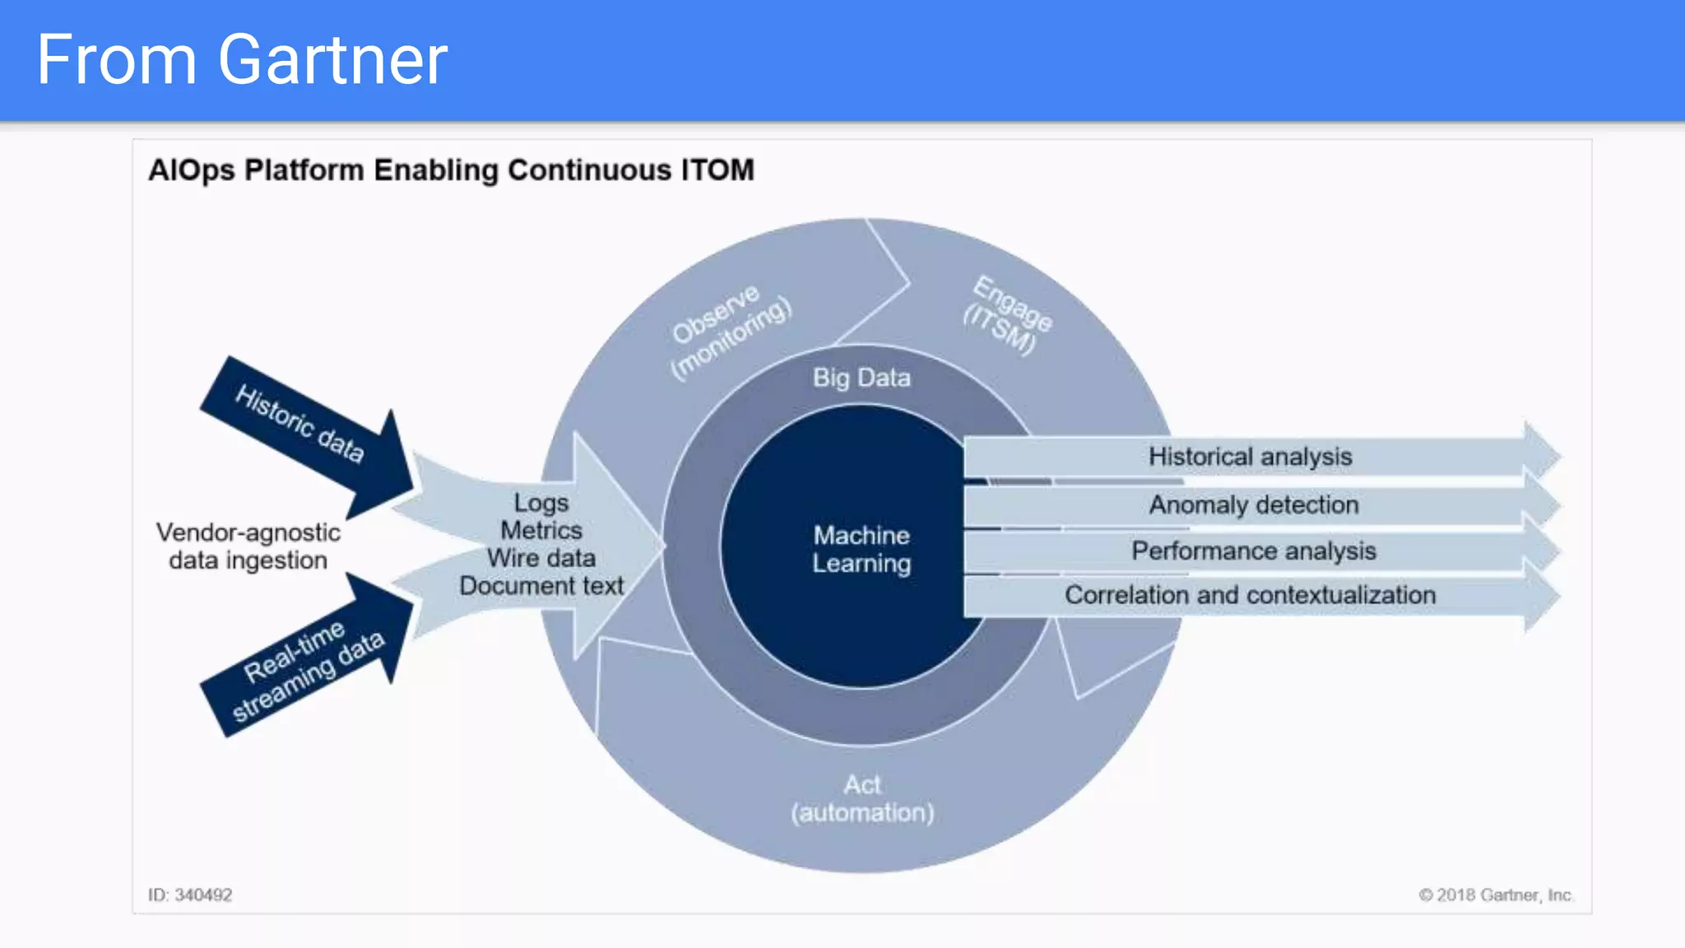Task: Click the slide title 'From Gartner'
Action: pyautogui.click(x=242, y=60)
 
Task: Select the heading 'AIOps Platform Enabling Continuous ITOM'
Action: pyautogui.click(x=451, y=170)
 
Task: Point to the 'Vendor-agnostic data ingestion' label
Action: pyautogui.click(x=248, y=546)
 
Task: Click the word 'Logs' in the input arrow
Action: pyautogui.click(x=541, y=502)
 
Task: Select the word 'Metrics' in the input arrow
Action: pyautogui.click(x=541, y=530)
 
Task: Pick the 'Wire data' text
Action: pyautogui.click(x=541, y=558)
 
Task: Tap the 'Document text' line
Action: pyautogui.click(x=541, y=586)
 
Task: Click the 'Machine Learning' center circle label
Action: pyautogui.click(x=861, y=549)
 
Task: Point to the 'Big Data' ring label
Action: pyautogui.click(x=861, y=378)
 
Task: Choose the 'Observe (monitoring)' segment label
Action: pyautogui.click(x=728, y=332)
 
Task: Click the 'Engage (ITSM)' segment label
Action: pyautogui.click(x=1007, y=315)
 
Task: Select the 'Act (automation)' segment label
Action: pyautogui.click(x=862, y=798)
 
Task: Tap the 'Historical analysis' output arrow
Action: pyautogui.click(x=1250, y=457)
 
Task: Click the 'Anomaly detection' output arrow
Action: pyautogui.click(x=1253, y=504)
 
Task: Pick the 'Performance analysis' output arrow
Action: pyautogui.click(x=1253, y=551)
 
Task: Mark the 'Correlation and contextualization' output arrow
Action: pyautogui.click(x=1250, y=595)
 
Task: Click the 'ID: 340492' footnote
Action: pyautogui.click(x=190, y=895)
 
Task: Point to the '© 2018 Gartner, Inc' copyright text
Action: pyautogui.click(x=1494, y=895)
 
